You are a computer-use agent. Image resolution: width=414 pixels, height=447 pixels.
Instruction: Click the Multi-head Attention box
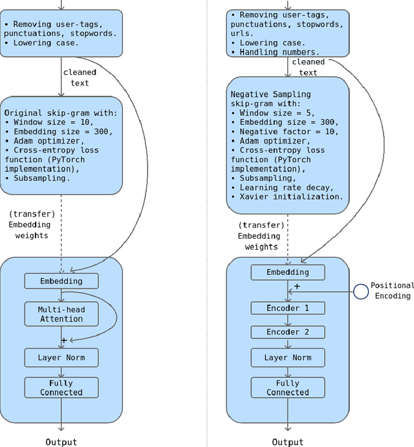(61, 314)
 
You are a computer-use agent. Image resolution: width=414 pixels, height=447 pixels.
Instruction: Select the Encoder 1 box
(288, 308)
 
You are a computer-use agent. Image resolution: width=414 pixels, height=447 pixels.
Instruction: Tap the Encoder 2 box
(288, 332)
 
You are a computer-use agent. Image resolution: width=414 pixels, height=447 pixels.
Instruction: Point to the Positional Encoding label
(392, 290)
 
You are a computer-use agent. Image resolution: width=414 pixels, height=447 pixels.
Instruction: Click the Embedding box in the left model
(61, 281)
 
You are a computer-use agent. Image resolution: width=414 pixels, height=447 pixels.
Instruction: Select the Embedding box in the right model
(288, 272)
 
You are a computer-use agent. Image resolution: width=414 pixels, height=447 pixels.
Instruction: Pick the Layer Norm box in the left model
(61, 357)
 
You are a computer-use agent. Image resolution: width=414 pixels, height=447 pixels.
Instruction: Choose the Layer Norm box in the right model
(288, 357)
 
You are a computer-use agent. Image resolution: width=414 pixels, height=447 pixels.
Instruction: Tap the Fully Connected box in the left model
(61, 387)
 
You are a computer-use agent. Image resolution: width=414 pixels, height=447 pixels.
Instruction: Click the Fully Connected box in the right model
(288, 387)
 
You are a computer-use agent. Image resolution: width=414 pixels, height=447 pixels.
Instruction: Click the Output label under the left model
(61, 442)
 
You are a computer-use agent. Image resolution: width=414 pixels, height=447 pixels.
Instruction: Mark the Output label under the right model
(288, 442)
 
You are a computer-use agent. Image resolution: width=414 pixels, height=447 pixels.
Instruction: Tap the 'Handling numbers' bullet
(276, 52)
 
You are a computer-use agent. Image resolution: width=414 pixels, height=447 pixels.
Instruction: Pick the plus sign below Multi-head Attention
(64, 340)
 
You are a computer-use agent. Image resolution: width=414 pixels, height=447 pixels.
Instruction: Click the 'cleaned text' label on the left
(80, 78)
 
